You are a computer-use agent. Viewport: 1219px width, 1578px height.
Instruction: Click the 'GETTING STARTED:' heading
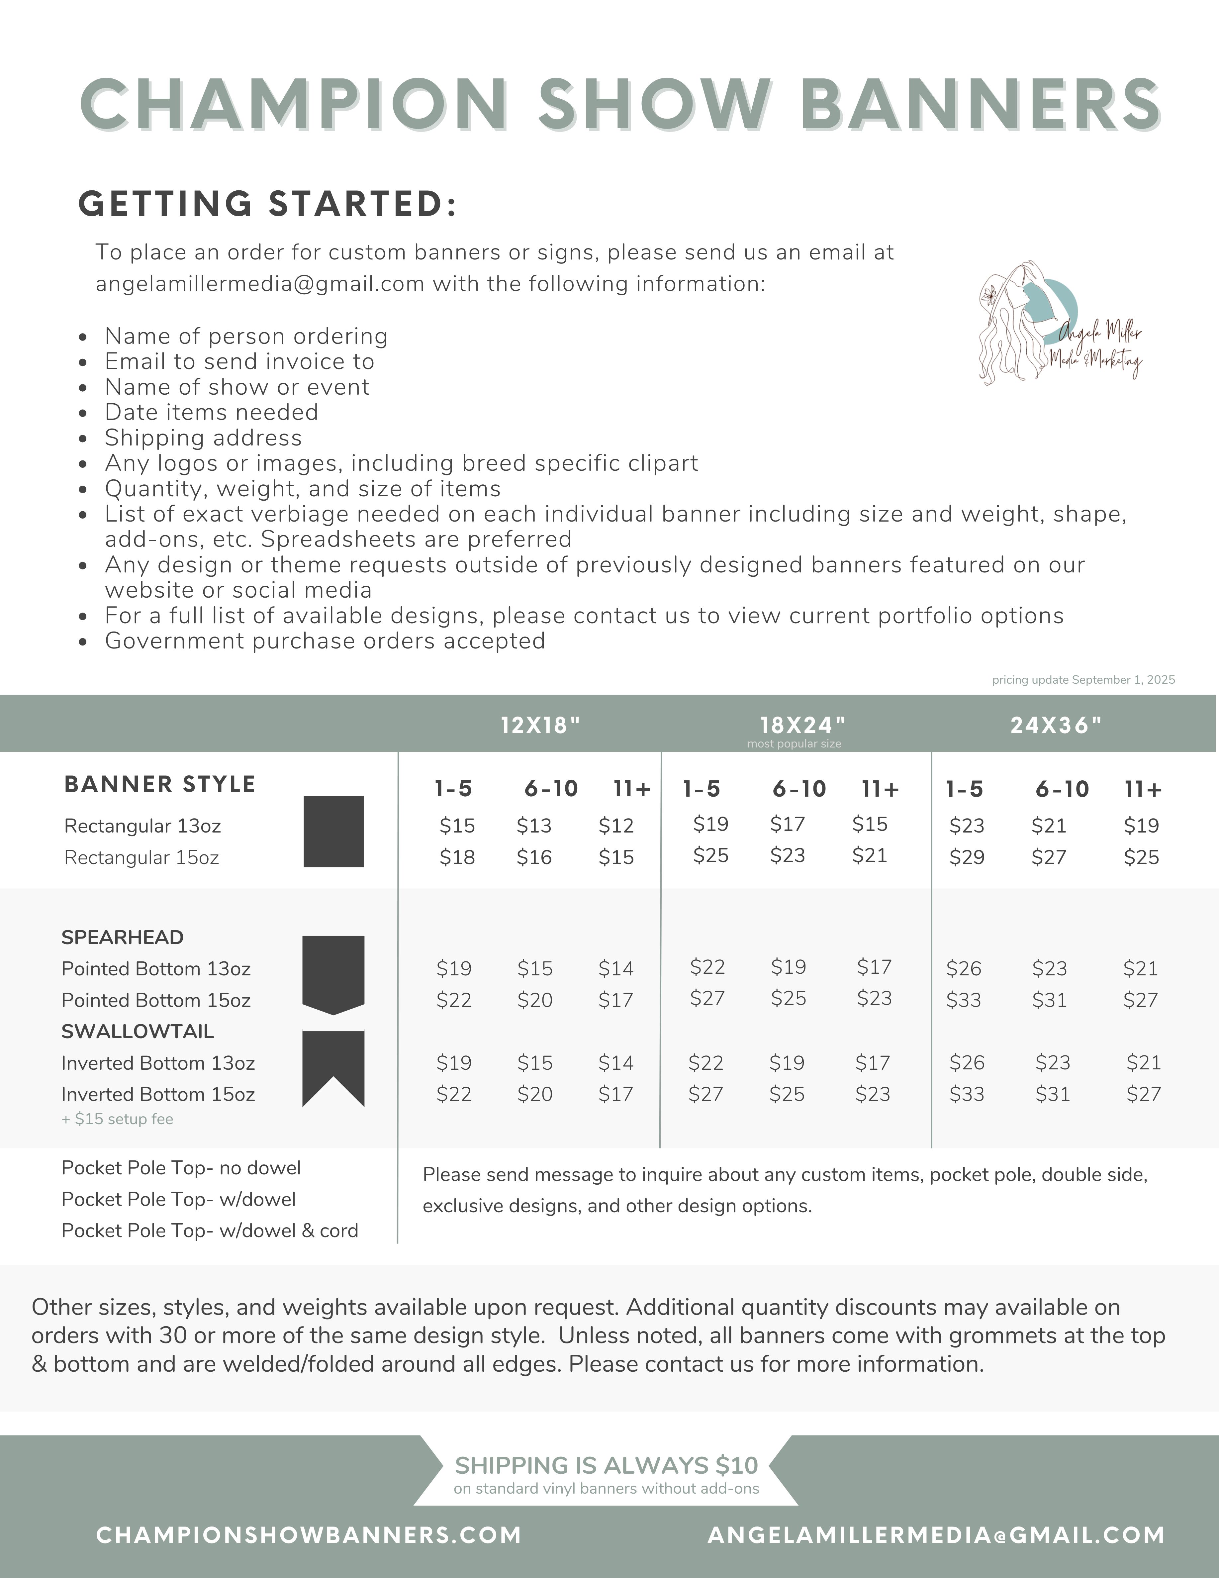(267, 204)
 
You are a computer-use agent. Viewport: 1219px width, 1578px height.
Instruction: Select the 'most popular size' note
(794, 743)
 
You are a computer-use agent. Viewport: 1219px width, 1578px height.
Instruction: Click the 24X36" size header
(1056, 725)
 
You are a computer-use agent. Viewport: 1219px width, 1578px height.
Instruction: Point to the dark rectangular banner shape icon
(333, 831)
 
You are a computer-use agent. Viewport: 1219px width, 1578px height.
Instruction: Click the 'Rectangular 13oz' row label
(142, 826)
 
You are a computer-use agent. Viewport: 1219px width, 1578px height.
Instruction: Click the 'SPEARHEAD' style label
(122, 937)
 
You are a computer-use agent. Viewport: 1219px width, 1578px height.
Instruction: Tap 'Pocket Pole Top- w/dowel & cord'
(210, 1231)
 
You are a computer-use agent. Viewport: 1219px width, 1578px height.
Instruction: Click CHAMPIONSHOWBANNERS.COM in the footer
(309, 1535)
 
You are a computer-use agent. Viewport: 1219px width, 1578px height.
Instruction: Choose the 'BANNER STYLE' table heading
(160, 784)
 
